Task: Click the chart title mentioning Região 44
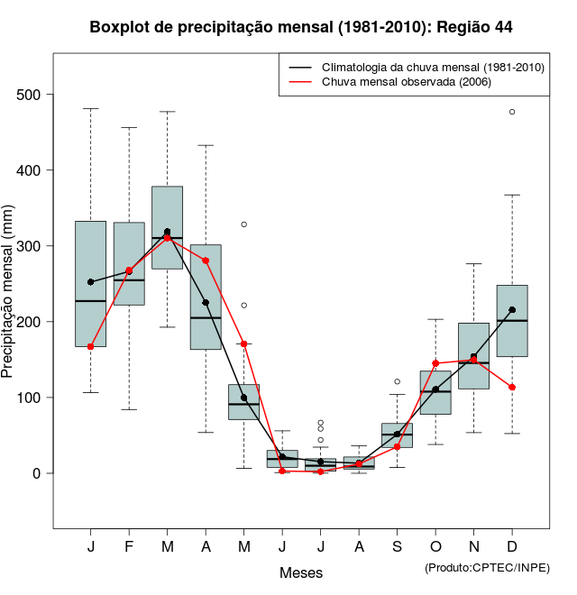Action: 301,27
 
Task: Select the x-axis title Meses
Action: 301,572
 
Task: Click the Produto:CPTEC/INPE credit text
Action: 487,567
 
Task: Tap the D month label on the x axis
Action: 512,547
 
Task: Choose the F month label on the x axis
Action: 129,547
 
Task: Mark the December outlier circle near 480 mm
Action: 512,112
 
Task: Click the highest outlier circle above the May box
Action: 243,224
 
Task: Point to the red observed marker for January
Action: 90,346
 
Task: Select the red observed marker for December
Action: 512,387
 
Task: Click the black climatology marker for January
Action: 90,282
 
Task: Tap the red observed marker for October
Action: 435,363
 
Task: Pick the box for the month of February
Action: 129,263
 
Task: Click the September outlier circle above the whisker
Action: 397,381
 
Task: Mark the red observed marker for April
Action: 206,261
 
